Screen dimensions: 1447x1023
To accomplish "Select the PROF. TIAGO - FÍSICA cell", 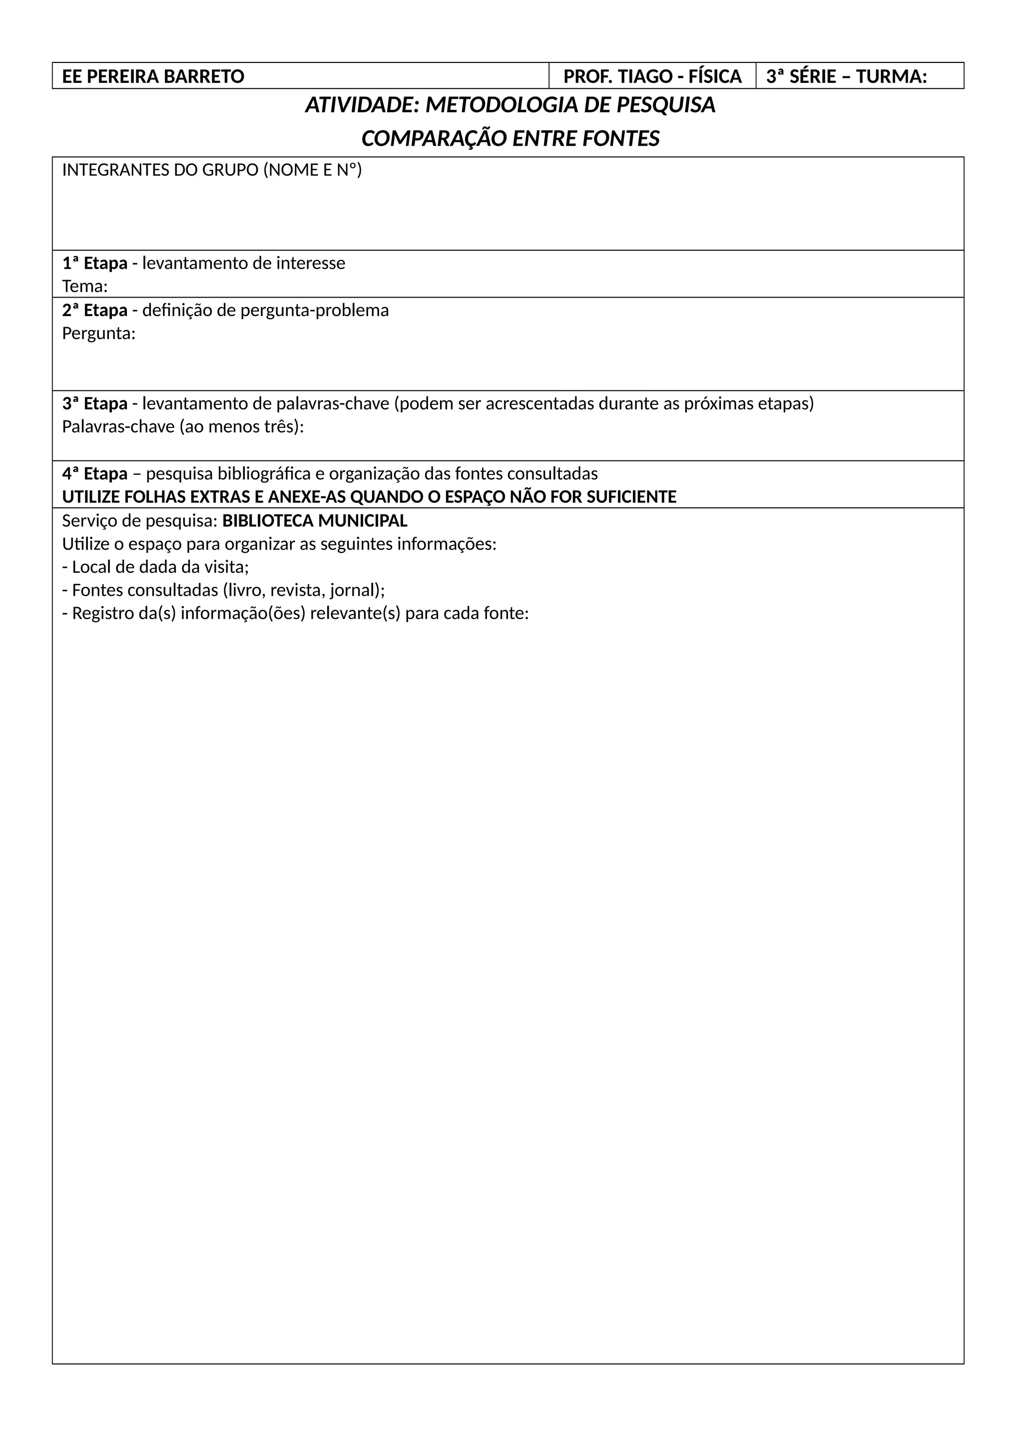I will pos(652,77).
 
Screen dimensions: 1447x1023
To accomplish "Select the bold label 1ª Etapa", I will pos(94,264).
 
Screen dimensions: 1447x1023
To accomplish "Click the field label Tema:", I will pos(84,287).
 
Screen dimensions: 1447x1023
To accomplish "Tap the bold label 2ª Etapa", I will pos(94,311).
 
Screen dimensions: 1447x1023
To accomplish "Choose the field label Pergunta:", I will pos(98,334).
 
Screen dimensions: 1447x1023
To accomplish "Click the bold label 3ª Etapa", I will pos(94,404).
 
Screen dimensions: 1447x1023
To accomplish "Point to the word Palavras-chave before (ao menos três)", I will pos(118,427).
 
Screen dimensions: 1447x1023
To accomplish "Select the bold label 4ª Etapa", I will pos(94,474).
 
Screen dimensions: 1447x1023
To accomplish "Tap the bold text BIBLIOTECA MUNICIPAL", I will pos(315,521).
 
